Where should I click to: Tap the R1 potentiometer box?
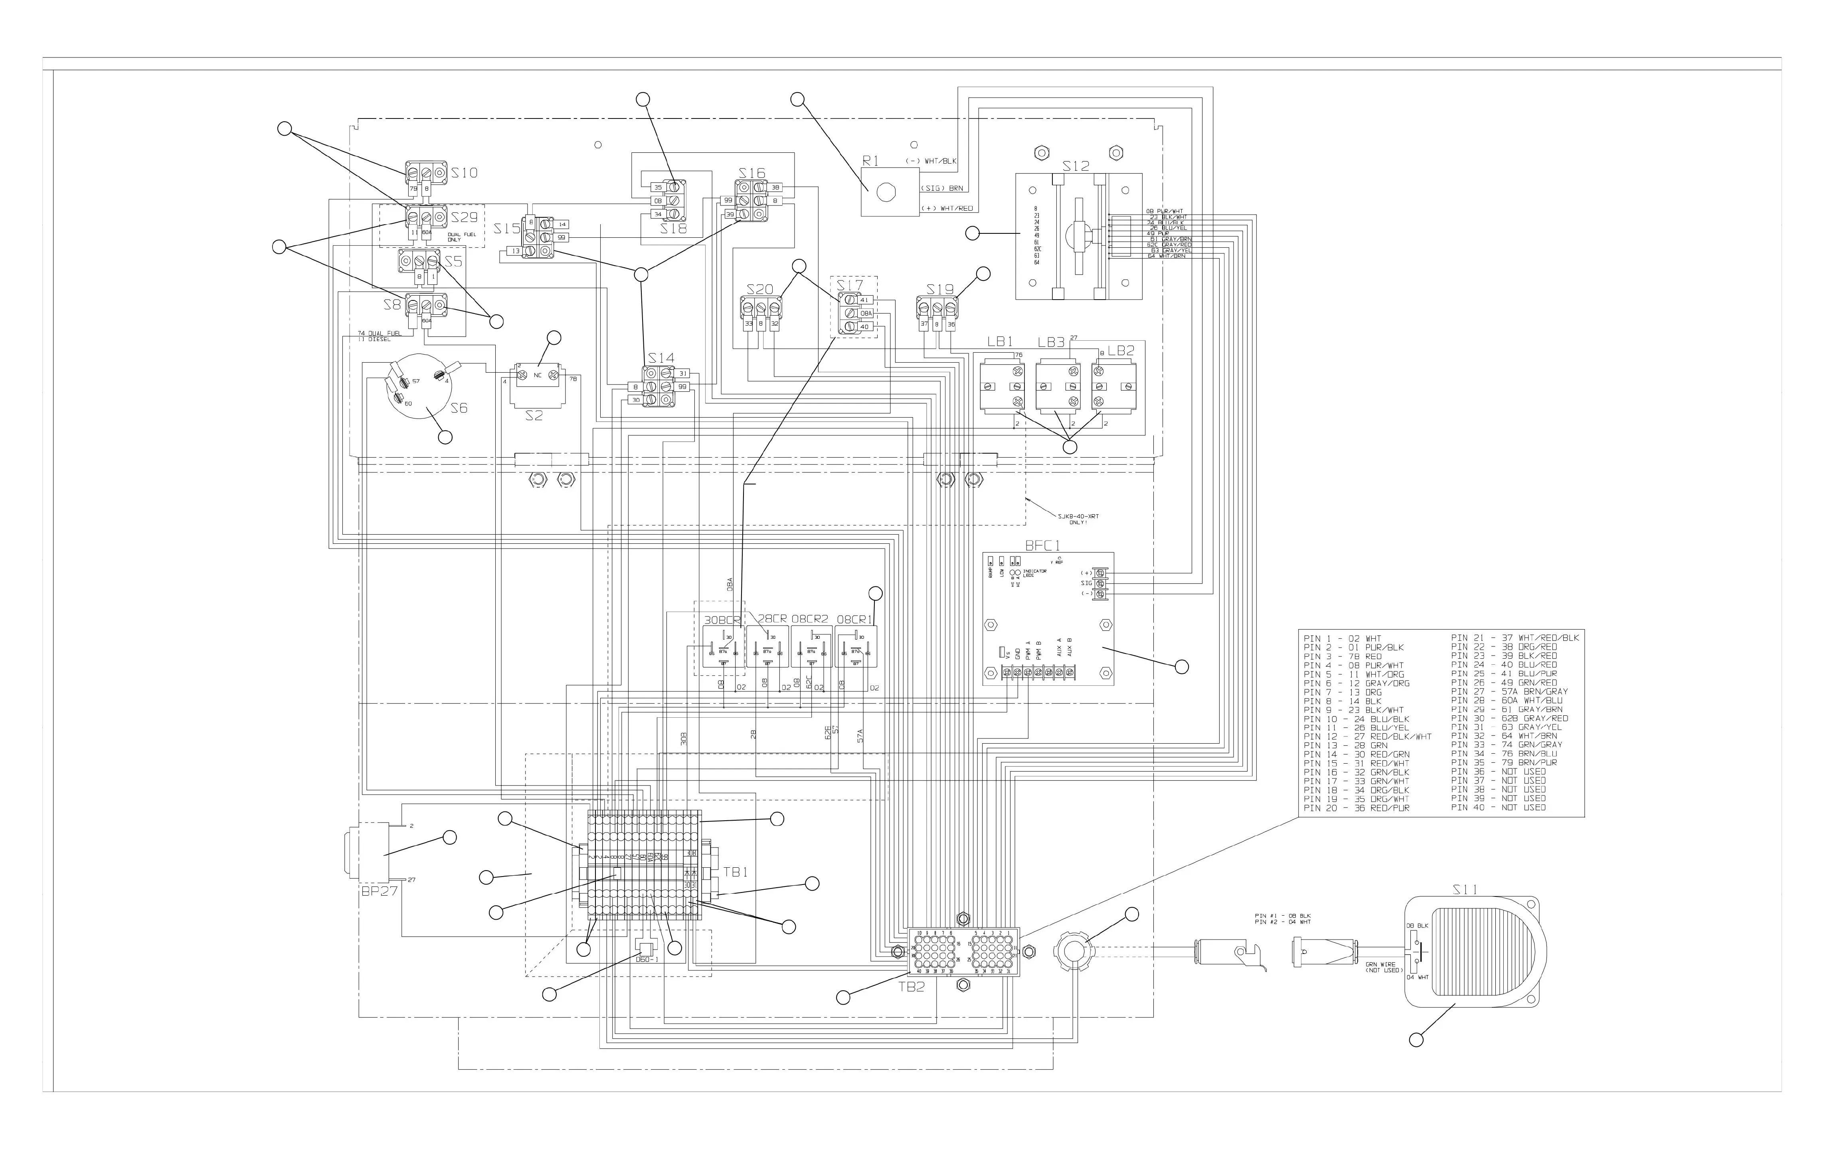pyautogui.click(x=882, y=193)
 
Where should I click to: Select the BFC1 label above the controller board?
pyautogui.click(x=1042, y=545)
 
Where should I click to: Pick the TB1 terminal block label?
pyautogui.click(x=735, y=873)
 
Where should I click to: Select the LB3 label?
pyautogui.click(x=1050, y=343)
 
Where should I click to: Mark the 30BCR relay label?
pyautogui.click(x=721, y=620)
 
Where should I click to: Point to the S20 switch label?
pyautogui.click(x=759, y=290)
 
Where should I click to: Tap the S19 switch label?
pyautogui.click(x=939, y=290)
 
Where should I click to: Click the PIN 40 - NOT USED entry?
pyautogui.click(x=1498, y=807)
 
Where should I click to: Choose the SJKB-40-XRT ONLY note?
pyautogui.click(x=1078, y=519)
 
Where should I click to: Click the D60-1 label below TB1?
pyautogui.click(x=646, y=959)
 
